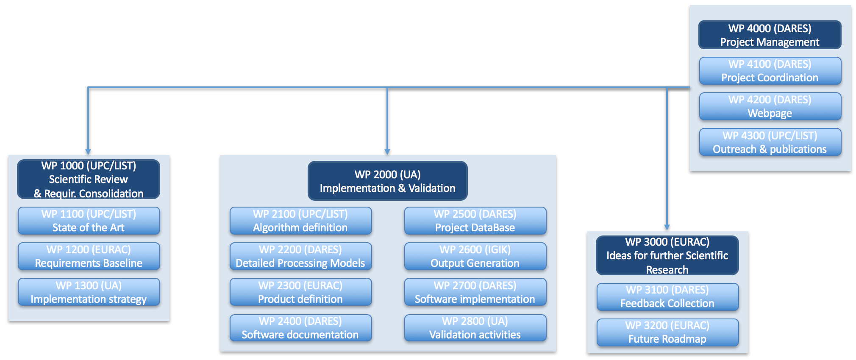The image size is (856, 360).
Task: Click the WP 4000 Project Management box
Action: coord(770,35)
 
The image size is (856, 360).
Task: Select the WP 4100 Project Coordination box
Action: coord(770,71)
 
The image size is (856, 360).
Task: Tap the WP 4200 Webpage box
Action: coord(770,106)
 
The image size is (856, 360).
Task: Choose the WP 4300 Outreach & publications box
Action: coord(770,142)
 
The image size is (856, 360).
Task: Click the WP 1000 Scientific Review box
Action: coord(89,179)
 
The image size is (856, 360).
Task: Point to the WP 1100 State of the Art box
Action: coord(89,221)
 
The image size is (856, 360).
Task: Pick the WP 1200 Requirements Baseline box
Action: coord(89,256)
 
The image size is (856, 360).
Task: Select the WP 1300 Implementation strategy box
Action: coord(89,292)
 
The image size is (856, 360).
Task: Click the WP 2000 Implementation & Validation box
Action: coord(387,181)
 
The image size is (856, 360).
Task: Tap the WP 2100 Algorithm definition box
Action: coord(300,221)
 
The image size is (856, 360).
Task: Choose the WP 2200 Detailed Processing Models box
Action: coord(300,256)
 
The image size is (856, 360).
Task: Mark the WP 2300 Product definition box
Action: coord(300,292)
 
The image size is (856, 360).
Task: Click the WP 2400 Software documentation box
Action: coord(300,328)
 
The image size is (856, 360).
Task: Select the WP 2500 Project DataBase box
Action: coord(475,221)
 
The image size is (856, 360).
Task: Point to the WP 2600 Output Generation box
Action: coord(475,256)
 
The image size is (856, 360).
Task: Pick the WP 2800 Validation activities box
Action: coord(475,328)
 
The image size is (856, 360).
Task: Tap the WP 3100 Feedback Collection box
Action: coord(667,296)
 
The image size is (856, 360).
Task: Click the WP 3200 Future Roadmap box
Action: coord(667,332)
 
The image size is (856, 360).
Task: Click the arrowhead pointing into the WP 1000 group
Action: coord(88,152)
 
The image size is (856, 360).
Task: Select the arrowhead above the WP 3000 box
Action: coord(667,227)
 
